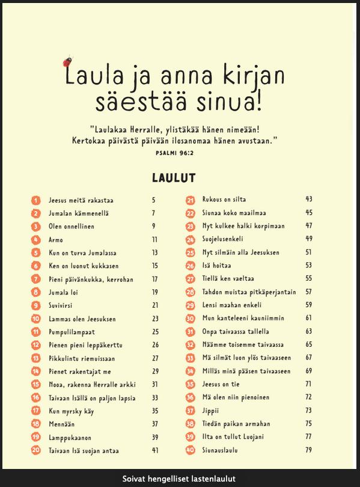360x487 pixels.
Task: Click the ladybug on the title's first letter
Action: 69,61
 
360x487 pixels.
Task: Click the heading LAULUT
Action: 174,177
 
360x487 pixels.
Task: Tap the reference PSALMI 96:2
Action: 174,153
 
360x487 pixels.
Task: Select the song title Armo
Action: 56,239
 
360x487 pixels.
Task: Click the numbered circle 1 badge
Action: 36,200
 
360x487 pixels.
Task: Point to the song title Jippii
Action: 212,411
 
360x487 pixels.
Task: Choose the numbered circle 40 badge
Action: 191,450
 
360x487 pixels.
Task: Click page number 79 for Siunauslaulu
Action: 309,450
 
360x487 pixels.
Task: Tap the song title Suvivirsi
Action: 62,305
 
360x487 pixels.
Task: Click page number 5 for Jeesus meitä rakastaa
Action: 154,200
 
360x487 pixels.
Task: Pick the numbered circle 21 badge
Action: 191,200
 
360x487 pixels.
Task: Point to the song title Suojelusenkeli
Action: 228,239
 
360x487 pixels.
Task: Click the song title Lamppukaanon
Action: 70,437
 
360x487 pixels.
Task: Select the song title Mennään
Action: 61,424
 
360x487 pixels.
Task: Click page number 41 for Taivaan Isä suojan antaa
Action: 155,450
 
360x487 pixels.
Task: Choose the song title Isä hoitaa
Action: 217,266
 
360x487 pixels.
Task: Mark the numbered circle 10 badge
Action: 36,319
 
